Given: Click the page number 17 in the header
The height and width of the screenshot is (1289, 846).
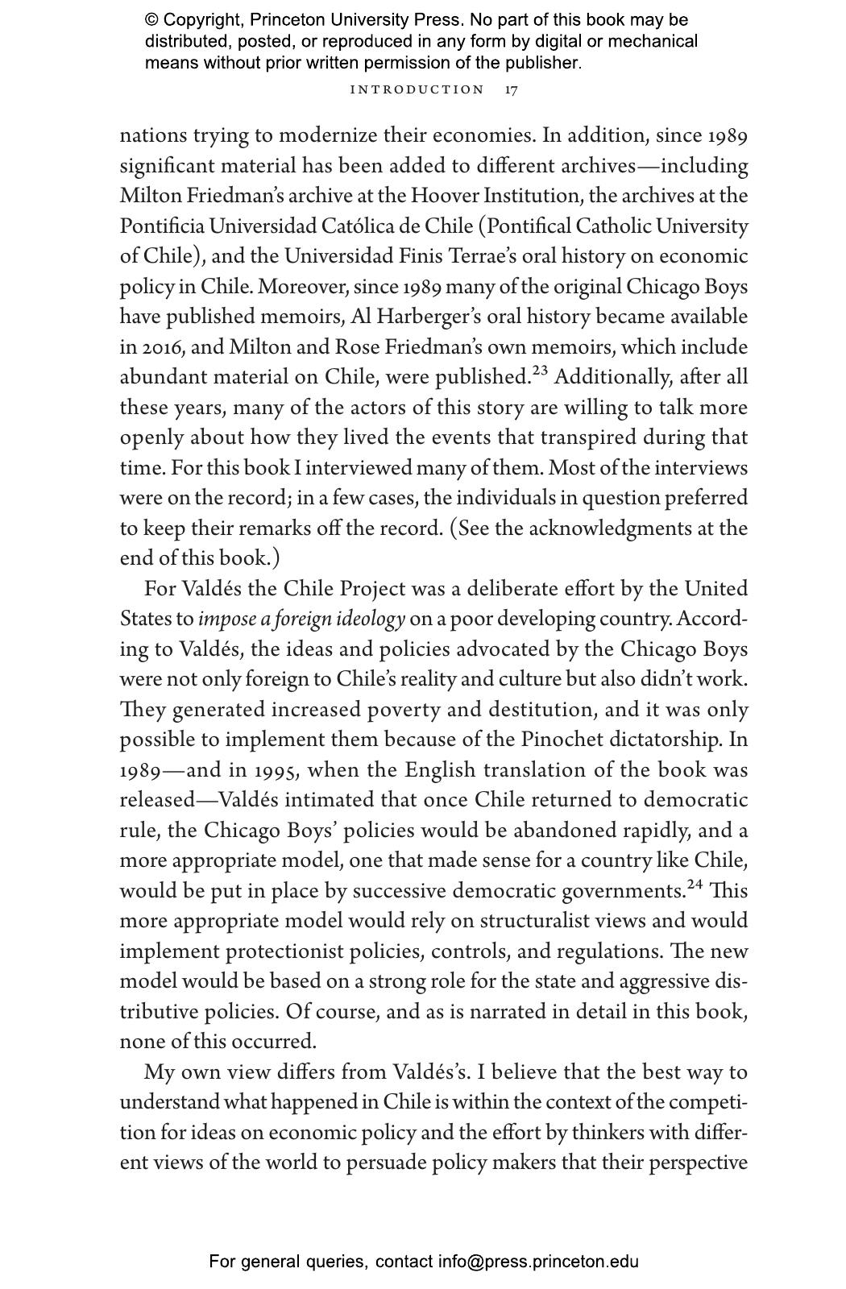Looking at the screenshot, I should [x=512, y=89].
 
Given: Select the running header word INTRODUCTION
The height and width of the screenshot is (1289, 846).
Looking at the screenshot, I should [x=417, y=89].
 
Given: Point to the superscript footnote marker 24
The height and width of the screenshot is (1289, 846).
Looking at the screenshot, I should [x=695, y=885].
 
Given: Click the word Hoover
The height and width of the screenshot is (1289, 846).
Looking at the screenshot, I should [x=445, y=196].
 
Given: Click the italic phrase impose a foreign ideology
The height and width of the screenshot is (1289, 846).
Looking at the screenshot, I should [x=301, y=620].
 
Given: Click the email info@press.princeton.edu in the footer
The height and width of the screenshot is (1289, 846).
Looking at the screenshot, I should [x=538, y=1262].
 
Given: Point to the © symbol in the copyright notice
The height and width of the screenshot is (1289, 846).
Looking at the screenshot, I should [x=151, y=20].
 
